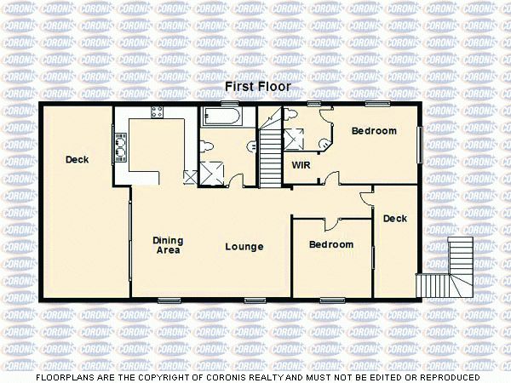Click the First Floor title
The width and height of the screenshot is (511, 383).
coord(257,87)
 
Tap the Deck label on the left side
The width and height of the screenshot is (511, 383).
coord(77,160)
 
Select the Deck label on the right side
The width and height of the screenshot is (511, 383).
coord(394,219)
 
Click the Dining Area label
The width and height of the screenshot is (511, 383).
coord(168,245)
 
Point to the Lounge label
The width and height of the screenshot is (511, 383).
coord(244,247)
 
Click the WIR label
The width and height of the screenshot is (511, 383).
coord(301,165)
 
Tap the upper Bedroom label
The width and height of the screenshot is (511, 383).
coord(374,131)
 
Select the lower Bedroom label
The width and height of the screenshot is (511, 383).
coord(330,245)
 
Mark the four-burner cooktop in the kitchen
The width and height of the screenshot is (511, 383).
coord(158,112)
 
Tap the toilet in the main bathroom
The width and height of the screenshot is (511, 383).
coord(208,147)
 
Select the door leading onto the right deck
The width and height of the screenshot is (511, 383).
coord(366,197)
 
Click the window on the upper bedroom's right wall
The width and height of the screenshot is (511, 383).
coord(419,144)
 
